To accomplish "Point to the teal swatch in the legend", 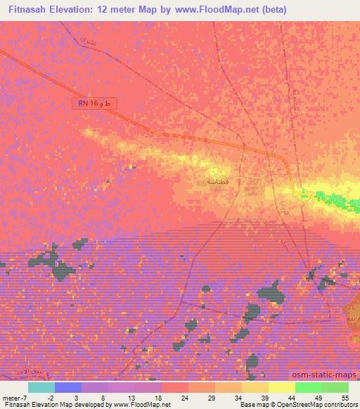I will [41, 387].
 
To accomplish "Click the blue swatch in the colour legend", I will [68, 387].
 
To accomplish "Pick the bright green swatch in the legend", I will [309, 387].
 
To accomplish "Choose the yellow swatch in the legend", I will [282, 387].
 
